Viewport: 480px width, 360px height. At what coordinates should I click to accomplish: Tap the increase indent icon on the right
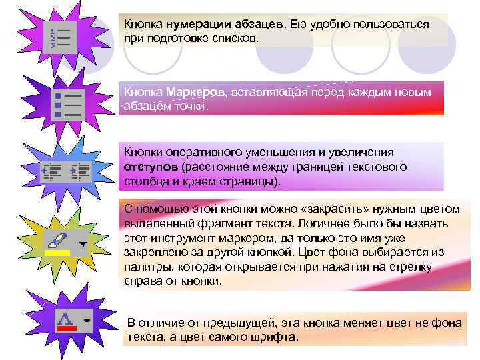tap(79, 171)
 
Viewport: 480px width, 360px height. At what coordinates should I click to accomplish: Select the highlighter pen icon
tap(58, 239)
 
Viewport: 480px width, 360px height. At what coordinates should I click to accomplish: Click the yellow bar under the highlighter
tap(57, 253)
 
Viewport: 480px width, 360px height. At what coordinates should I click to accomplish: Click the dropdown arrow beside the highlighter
tap(82, 244)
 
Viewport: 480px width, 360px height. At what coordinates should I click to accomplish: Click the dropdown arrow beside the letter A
tap(87, 320)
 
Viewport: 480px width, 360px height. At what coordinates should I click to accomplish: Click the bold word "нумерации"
tap(197, 25)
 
